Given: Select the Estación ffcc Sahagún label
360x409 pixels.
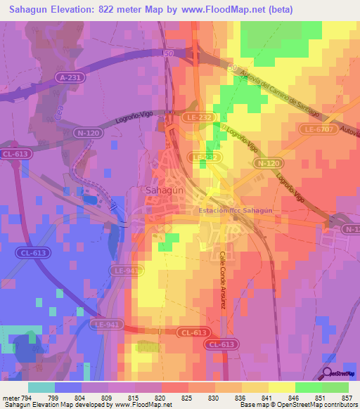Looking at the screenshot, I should pos(234,210).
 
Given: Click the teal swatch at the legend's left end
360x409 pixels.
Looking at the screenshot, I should pos(41,387).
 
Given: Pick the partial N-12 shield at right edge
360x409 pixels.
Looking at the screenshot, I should pos(352,230).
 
